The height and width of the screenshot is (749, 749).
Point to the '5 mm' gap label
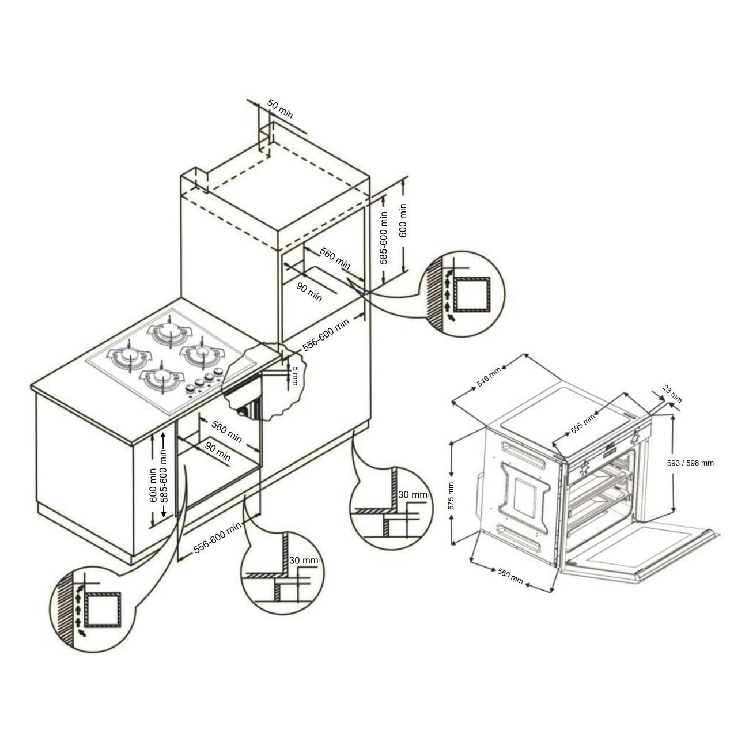pos(295,376)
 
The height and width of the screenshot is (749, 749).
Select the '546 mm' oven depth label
pos(489,377)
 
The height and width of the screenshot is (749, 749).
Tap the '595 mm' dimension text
pos(582,424)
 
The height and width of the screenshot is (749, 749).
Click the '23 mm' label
pos(672,395)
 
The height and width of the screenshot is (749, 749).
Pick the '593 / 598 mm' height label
pos(690,463)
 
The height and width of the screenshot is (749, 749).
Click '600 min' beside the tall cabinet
pos(403,221)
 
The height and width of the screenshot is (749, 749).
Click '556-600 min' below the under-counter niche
pos(218,538)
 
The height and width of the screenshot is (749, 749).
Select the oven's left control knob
pos(584,469)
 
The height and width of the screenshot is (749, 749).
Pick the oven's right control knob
pos(636,437)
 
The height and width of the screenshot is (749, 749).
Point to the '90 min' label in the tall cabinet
pos(309,292)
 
